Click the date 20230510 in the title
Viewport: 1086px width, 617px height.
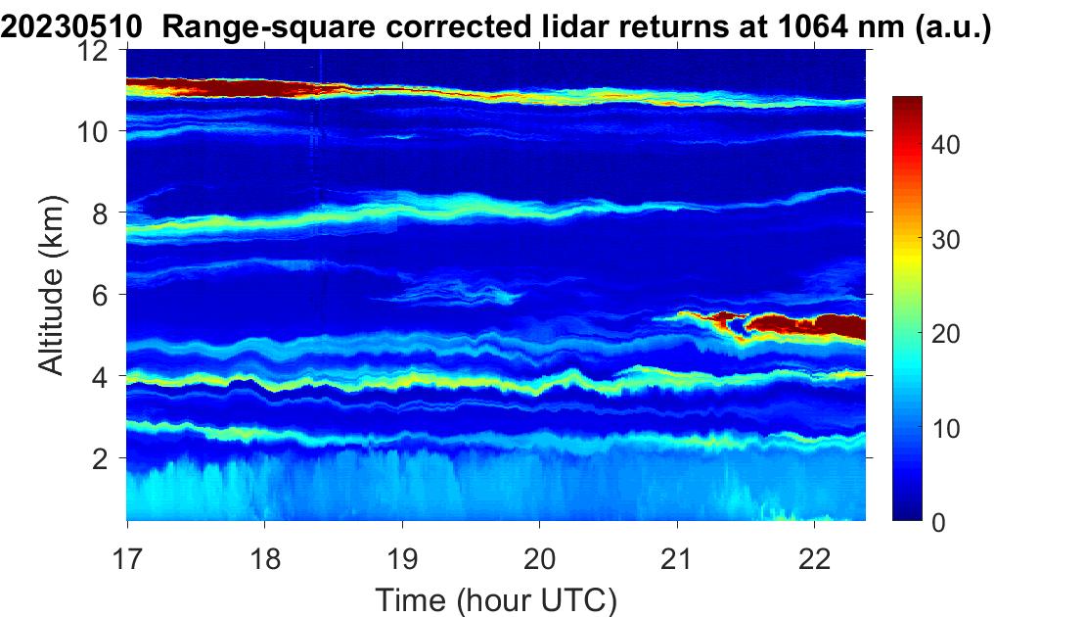point(72,27)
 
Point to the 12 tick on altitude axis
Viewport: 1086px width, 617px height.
point(94,50)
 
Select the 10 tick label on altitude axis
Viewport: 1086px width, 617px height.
point(94,131)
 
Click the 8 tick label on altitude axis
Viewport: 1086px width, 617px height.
point(101,213)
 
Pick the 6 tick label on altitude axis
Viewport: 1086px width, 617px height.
point(101,295)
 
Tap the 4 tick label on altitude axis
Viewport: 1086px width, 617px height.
point(101,376)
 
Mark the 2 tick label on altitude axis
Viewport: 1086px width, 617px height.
point(101,458)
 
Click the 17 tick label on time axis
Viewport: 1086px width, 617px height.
point(127,558)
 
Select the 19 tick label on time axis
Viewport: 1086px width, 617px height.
point(402,558)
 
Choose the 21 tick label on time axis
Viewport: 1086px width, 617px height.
point(677,558)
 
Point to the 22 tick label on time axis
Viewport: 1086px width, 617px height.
point(814,558)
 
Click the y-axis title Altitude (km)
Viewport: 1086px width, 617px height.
point(51,286)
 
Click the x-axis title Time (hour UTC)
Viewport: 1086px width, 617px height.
point(496,600)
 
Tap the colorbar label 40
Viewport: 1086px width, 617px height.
point(945,145)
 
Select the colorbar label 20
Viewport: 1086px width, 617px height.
point(945,333)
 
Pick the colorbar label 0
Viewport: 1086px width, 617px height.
point(938,522)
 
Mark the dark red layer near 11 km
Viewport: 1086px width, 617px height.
point(222,88)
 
